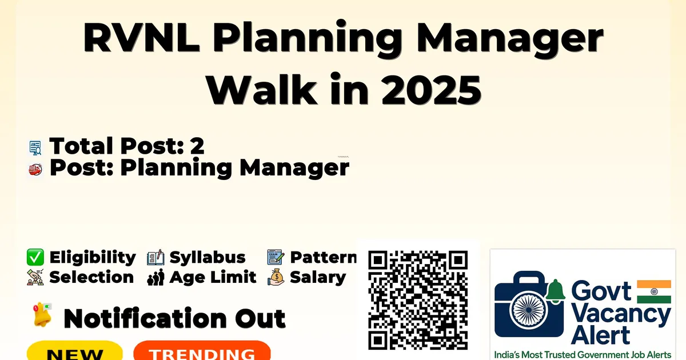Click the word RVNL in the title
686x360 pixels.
coord(142,38)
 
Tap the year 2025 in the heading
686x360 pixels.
coord(431,90)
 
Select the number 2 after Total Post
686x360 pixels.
coord(197,146)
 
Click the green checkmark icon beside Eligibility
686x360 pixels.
coord(35,257)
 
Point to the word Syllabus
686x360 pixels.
coord(208,258)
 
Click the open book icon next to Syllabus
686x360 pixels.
coord(155,258)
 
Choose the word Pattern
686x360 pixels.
coord(324,257)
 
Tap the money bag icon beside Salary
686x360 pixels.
coord(276,277)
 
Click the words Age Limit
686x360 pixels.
coord(213,277)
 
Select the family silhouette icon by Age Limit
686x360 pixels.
coord(155,277)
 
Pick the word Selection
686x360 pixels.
coord(91,277)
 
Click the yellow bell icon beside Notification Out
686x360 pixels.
coord(42,315)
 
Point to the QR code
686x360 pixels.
coord(418,300)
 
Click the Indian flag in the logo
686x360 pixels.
coord(654,291)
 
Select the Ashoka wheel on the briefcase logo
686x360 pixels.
coord(528,310)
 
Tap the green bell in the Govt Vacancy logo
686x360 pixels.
coord(555,291)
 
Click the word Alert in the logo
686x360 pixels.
coord(600,335)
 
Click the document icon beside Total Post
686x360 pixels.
coord(35,148)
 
